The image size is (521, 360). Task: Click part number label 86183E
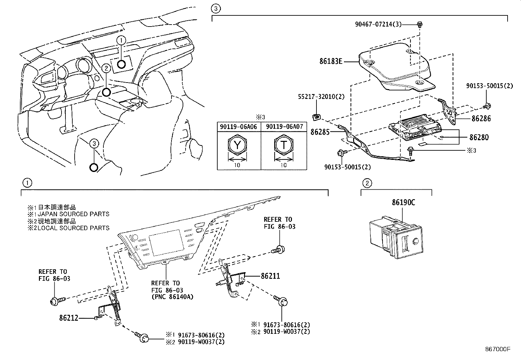(x=331, y=61)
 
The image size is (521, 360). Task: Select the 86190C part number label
(x=403, y=202)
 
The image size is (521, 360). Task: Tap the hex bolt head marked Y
(x=237, y=145)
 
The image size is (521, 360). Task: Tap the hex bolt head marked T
(x=283, y=145)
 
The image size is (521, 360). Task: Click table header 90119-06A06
(x=239, y=127)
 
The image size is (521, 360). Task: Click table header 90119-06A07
(x=284, y=127)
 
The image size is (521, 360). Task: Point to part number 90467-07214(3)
(x=378, y=24)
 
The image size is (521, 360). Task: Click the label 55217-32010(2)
(x=316, y=97)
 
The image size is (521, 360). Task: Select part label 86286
(x=481, y=119)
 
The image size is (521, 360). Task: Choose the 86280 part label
(x=479, y=137)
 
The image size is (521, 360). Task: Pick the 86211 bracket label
(x=270, y=276)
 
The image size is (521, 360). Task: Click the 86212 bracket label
(x=69, y=318)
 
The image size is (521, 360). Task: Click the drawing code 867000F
(x=498, y=350)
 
